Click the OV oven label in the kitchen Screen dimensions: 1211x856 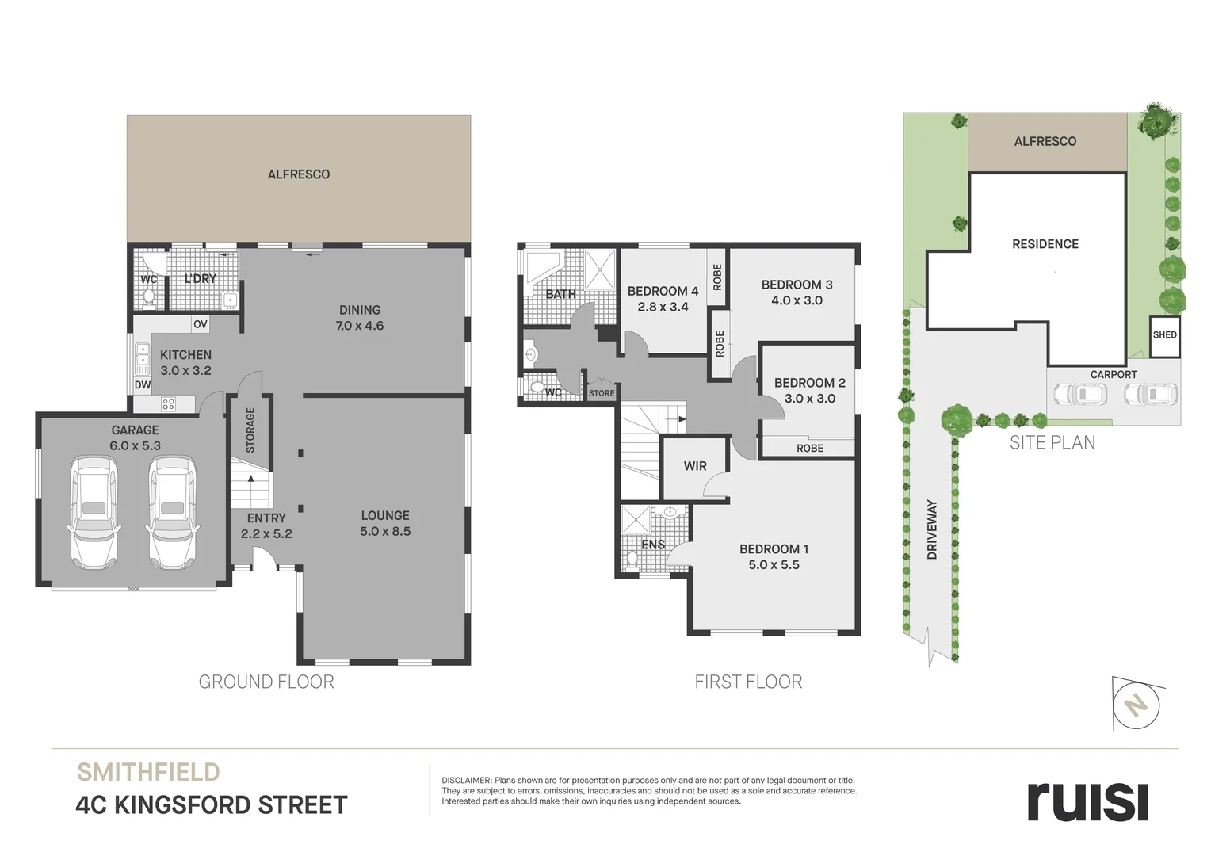click(x=200, y=324)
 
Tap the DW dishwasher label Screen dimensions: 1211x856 click(x=142, y=385)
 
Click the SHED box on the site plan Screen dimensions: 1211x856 click(x=1164, y=335)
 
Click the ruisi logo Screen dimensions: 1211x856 click(x=1087, y=802)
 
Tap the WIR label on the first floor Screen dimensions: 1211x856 click(x=695, y=466)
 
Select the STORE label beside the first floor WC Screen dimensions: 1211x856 click(x=602, y=393)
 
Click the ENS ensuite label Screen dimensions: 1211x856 click(x=653, y=545)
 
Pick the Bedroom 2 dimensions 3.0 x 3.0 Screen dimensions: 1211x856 click(x=810, y=399)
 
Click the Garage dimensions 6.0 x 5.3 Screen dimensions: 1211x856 click(x=136, y=445)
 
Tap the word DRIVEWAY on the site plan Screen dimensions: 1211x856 click(x=931, y=529)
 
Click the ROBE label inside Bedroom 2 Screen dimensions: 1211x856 click(x=810, y=449)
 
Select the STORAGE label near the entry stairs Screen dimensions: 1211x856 click(x=250, y=430)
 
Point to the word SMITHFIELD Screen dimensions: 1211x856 click(x=148, y=772)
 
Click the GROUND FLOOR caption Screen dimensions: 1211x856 click(x=266, y=682)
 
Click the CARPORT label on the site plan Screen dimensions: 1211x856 click(x=1114, y=374)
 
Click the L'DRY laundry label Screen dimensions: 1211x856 click(x=201, y=278)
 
